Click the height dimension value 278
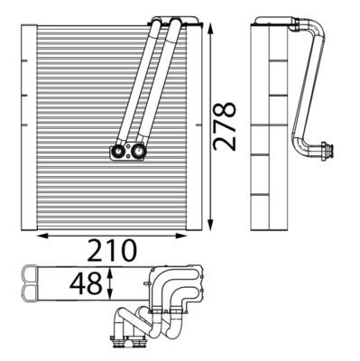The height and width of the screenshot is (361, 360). [227, 125]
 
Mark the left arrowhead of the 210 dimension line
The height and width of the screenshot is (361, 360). [35, 236]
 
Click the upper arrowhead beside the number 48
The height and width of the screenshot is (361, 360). [109, 271]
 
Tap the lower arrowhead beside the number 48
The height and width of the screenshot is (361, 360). [109, 301]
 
